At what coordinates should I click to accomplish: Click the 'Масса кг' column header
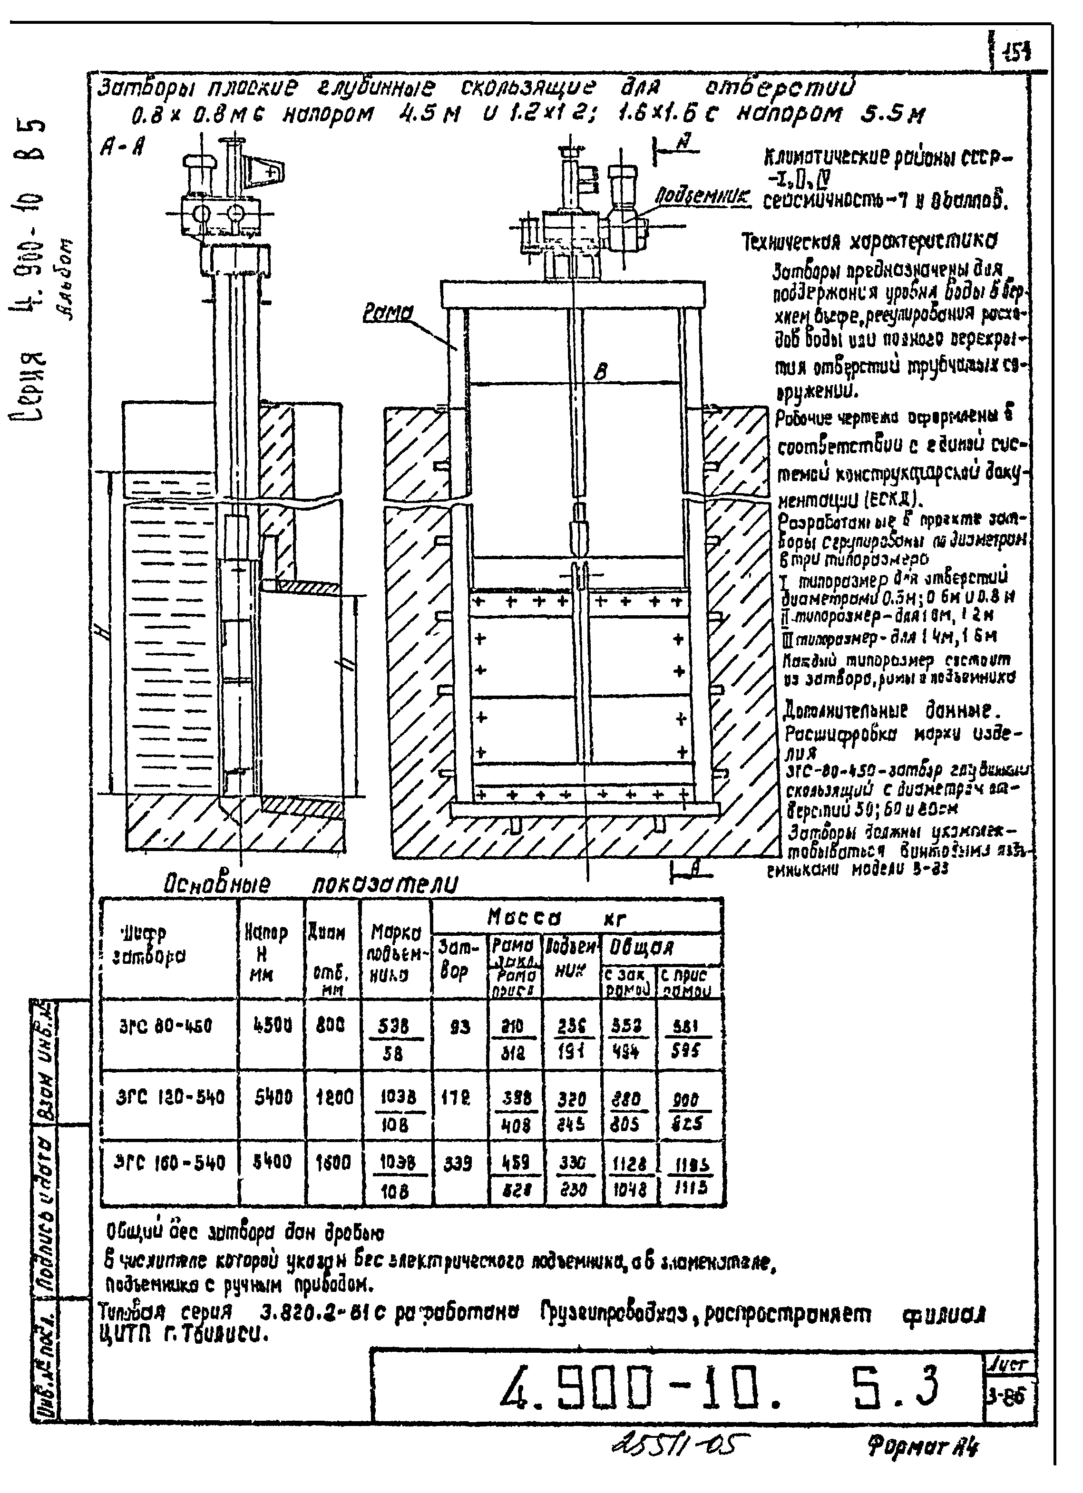[x=555, y=917]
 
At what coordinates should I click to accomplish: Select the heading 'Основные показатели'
[x=310, y=883]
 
